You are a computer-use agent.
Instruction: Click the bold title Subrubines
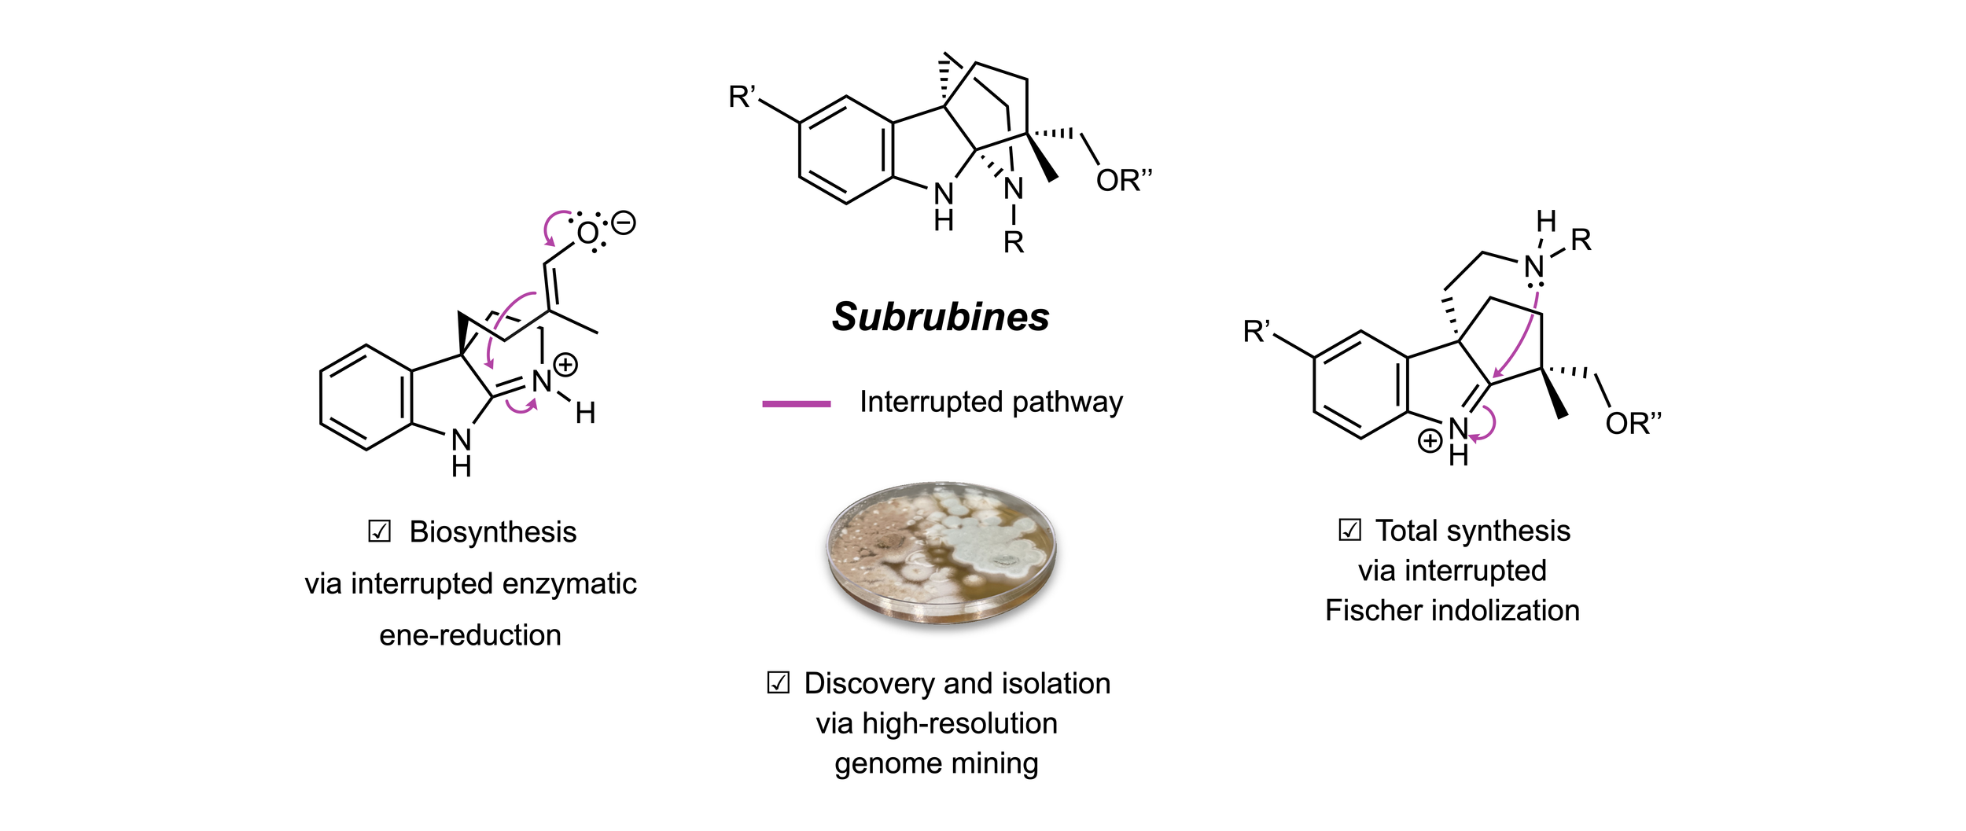pos(941,318)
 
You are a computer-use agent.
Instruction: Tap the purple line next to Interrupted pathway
pos(796,404)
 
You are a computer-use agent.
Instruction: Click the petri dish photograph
pos(941,553)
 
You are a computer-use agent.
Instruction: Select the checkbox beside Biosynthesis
pos(379,531)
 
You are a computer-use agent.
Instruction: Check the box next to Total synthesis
pos(1349,530)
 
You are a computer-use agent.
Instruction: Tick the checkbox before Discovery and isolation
pos(778,682)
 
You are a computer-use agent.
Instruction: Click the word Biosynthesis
pos(493,532)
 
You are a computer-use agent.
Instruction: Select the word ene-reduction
pos(470,635)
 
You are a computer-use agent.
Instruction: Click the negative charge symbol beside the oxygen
pos(623,223)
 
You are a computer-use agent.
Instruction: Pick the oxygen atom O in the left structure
pos(587,233)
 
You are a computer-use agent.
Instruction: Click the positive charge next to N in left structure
pos(565,365)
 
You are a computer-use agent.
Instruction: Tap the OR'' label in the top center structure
pos(1124,180)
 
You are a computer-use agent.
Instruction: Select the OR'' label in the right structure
pos(1633,423)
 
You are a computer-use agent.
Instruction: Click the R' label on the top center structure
pos(742,97)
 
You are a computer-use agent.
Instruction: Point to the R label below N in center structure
pos(1014,243)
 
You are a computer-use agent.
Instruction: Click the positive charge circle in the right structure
pos(1430,441)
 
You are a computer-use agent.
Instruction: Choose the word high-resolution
pos(959,723)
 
